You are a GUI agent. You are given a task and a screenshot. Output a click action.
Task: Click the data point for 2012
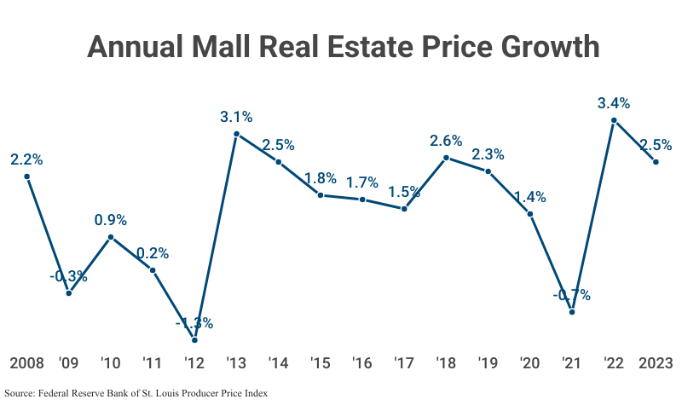[x=194, y=340]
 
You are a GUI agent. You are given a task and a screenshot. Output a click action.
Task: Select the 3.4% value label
[x=614, y=103]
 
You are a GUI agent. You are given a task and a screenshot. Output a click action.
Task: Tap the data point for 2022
[x=614, y=120]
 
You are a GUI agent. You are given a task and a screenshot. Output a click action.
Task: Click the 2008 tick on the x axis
[x=26, y=363]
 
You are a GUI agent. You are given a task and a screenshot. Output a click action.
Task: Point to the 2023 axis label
[x=656, y=363]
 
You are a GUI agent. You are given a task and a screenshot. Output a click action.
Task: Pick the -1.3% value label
[x=194, y=323]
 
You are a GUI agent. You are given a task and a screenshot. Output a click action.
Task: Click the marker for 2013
[x=236, y=134]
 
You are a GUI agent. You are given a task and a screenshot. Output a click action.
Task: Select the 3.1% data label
[x=236, y=117]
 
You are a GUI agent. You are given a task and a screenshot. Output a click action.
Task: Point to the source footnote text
[x=137, y=393]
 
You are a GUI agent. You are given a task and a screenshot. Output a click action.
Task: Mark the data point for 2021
[x=572, y=312]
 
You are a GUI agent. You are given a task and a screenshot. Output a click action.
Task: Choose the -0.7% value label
[x=572, y=295]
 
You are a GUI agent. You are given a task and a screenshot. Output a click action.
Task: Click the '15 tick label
[x=321, y=363]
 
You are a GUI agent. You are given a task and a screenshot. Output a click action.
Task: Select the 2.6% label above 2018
[x=446, y=141]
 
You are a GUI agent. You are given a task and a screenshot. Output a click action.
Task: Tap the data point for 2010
[x=111, y=237]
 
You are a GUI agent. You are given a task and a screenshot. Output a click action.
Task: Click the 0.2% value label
[x=153, y=253]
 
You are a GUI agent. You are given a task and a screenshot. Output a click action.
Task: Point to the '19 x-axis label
[x=488, y=363]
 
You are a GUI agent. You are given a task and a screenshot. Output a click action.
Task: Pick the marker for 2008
[x=26, y=176]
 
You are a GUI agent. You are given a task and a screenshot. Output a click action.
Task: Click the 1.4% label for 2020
[x=530, y=196]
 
